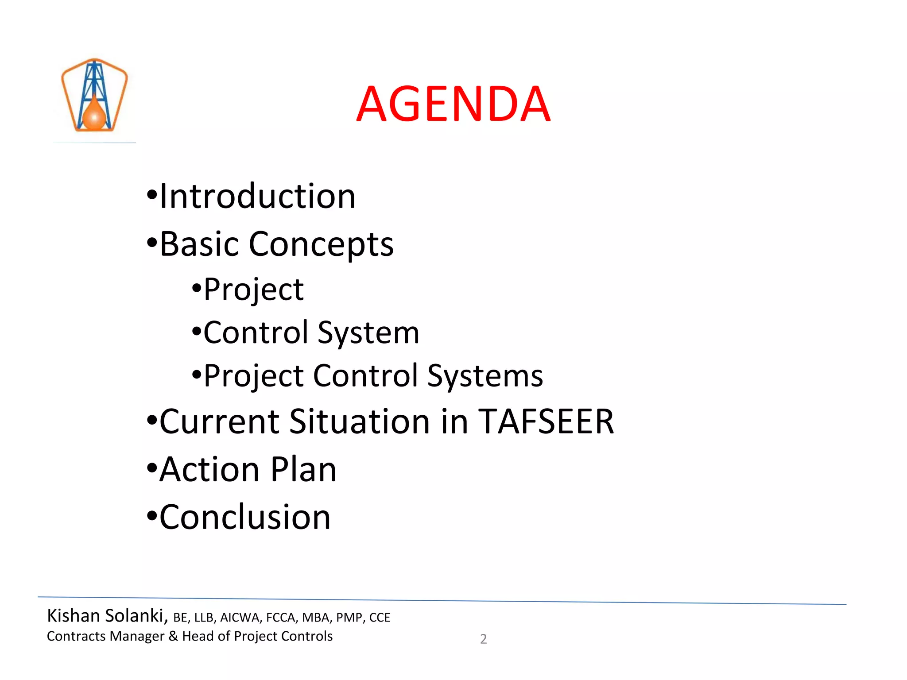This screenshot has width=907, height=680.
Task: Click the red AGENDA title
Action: point(453,104)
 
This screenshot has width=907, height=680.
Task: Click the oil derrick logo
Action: point(94,95)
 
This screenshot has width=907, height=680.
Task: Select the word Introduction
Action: point(257,196)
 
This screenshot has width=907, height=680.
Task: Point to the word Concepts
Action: point(321,245)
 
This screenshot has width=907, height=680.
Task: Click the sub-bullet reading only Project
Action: point(253,290)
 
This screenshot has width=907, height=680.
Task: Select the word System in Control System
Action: point(368,333)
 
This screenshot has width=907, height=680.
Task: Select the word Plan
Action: point(303,469)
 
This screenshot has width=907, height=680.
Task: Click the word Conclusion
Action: point(245,517)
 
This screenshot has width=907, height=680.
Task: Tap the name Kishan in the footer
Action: point(74,616)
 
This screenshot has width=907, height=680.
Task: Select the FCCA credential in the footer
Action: point(280,618)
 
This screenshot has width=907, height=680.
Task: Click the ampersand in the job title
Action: point(173,636)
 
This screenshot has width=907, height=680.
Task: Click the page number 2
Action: point(483,639)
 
